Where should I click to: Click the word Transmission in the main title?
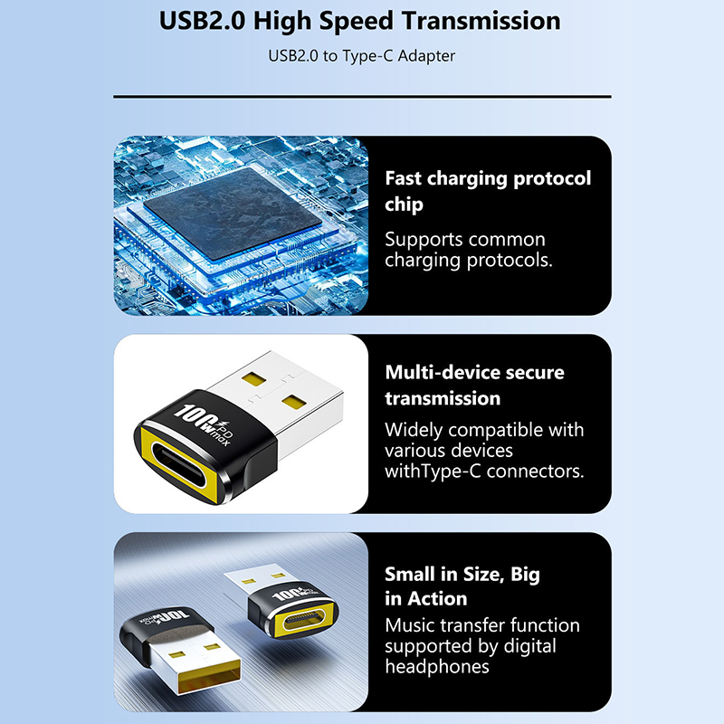[481, 21]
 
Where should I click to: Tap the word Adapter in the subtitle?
[426, 56]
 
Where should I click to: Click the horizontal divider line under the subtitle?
[362, 97]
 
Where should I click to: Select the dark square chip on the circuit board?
[233, 213]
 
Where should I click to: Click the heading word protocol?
[552, 178]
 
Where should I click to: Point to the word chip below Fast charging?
[404, 205]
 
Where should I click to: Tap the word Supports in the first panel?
[424, 240]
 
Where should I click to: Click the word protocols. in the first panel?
[510, 261]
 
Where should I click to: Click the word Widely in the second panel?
[414, 431]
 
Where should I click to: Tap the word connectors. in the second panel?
[535, 472]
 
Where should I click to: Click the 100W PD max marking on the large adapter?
[204, 424]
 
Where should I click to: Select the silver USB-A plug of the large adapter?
[276, 396]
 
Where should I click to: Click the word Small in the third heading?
[410, 575]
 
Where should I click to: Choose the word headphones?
[437, 667]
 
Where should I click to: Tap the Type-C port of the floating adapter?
[302, 620]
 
